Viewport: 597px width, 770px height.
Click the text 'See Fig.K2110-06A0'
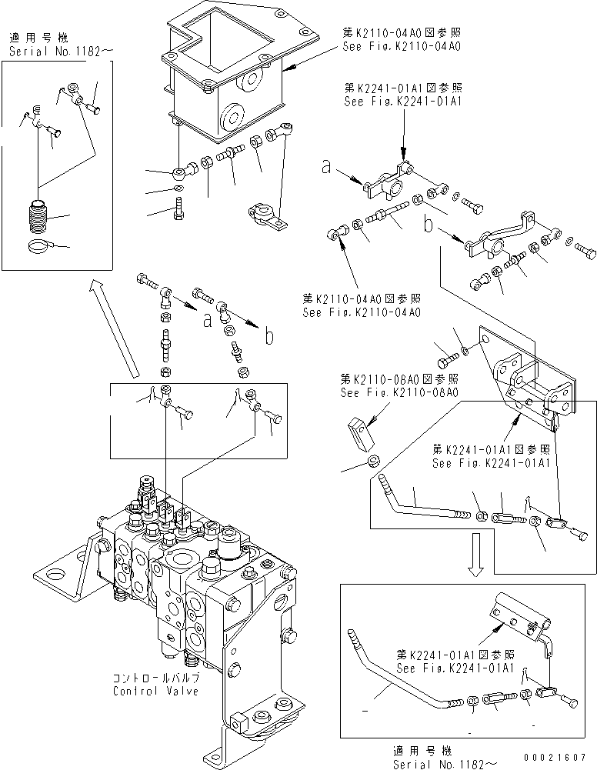coord(399,392)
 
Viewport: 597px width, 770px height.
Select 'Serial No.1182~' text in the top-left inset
coord(62,52)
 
